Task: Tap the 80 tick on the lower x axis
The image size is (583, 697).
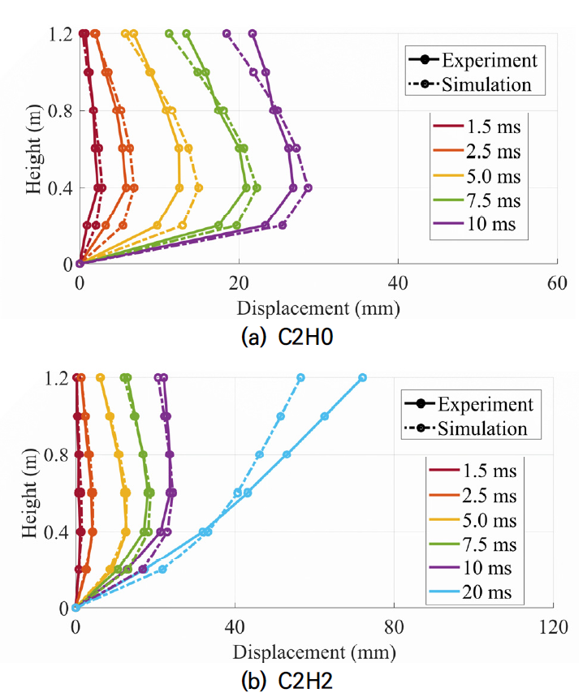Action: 394,625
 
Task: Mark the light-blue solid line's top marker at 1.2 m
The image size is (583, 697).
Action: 362,377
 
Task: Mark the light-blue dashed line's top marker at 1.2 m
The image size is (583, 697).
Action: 300,377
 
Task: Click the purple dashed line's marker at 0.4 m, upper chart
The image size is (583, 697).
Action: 308,187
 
